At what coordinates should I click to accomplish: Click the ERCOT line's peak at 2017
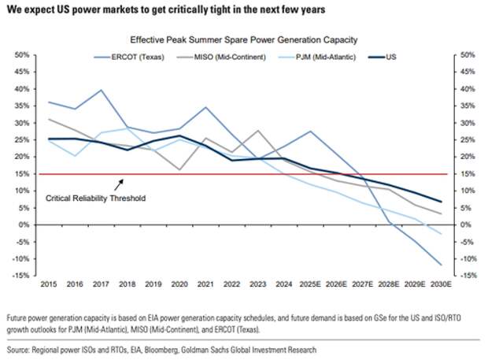(x=102, y=90)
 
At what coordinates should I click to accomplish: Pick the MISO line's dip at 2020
(x=179, y=169)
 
